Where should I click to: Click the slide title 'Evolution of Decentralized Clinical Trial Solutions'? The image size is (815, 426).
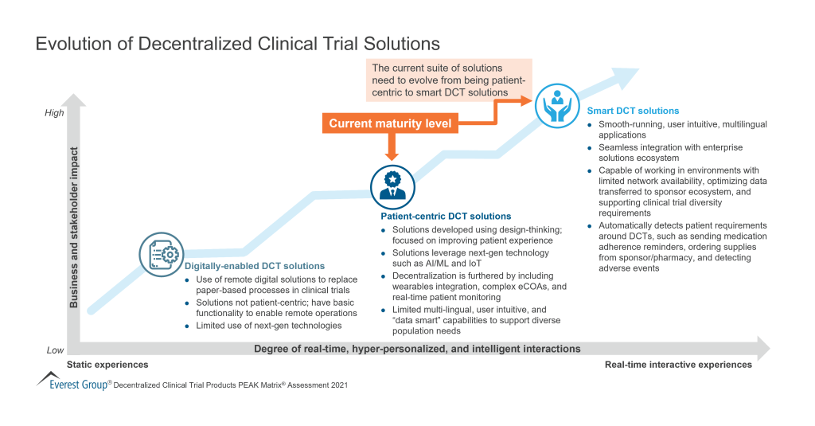tap(237, 43)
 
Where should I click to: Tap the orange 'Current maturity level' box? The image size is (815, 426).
tap(390, 123)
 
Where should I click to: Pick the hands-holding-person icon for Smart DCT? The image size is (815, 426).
tap(557, 105)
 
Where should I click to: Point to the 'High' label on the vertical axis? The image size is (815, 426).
tap(54, 113)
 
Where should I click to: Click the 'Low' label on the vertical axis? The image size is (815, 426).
tap(55, 350)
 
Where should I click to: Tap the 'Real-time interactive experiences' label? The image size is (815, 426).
tap(678, 365)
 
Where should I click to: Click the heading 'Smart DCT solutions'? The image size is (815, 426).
tap(633, 111)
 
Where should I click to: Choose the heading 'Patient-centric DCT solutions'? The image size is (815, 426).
tap(446, 216)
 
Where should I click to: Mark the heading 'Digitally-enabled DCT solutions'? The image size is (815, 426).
tap(254, 265)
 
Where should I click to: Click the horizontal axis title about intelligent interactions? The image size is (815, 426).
tap(417, 349)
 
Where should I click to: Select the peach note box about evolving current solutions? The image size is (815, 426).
tap(446, 80)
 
